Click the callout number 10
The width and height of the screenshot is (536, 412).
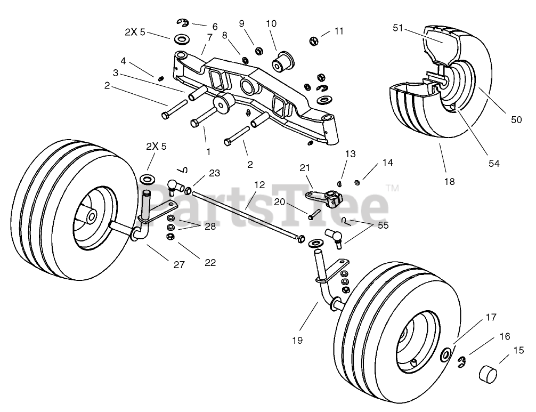tap(271, 23)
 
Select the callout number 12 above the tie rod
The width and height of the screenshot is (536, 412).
tap(259, 185)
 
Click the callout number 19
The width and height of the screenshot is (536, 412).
tap(297, 340)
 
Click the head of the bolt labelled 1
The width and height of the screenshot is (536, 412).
tap(196, 124)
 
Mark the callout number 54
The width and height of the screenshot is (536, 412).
tap(494, 164)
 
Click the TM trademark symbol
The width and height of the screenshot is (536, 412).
tap(393, 188)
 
